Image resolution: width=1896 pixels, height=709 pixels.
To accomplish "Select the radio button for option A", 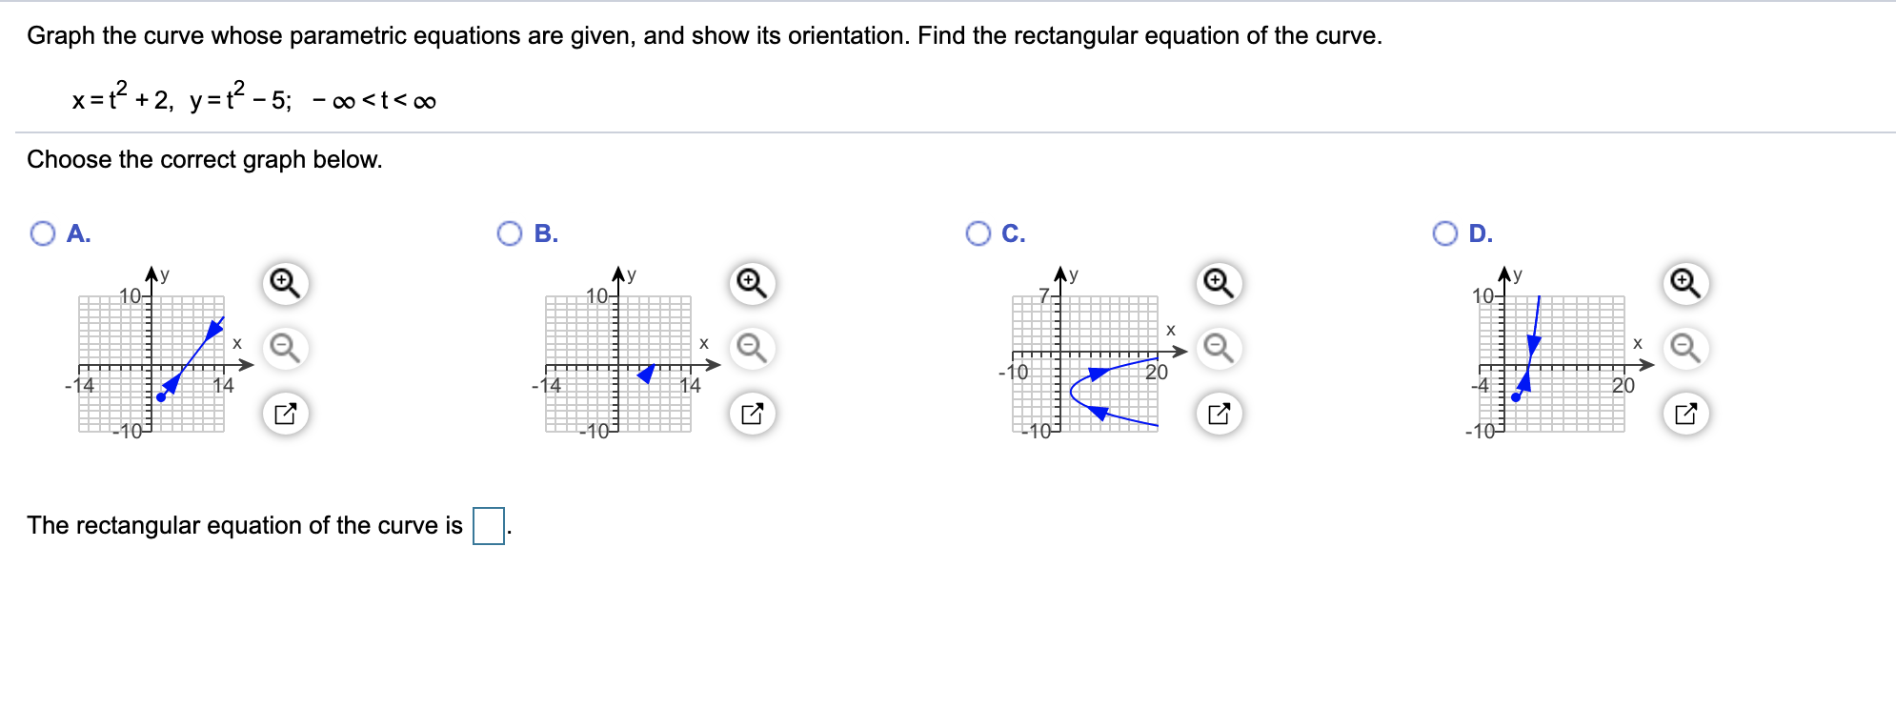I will [43, 233].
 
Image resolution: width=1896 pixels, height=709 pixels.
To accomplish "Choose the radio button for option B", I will [510, 233].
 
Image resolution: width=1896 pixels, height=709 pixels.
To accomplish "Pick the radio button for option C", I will [978, 233].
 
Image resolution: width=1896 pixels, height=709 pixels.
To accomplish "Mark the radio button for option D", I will [1444, 233].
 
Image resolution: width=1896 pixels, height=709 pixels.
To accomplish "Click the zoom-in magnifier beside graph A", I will [285, 283].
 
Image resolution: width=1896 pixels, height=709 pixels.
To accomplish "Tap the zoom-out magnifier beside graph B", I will [752, 348].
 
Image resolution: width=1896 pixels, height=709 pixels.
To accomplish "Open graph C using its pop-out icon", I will [1219, 414].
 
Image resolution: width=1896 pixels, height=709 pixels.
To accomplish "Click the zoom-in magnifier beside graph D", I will [1685, 283].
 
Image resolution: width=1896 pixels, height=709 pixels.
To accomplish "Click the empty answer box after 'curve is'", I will [489, 526].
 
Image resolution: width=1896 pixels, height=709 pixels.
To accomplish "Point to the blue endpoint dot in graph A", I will [160, 397].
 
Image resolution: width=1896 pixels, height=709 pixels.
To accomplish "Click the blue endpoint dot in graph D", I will [1516, 397].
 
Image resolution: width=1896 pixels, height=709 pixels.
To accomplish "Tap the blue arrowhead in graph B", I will [647, 374].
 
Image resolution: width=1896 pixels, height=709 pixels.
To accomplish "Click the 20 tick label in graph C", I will [1157, 373].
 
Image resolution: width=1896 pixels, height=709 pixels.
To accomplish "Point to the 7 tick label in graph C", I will [1043, 294].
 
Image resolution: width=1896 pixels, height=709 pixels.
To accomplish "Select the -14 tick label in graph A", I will [80, 386].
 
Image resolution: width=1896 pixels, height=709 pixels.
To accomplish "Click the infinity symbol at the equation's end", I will [425, 102].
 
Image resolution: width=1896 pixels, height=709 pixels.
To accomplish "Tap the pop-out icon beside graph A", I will [285, 414].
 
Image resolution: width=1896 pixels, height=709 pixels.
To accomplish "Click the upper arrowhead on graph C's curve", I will [1098, 373].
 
